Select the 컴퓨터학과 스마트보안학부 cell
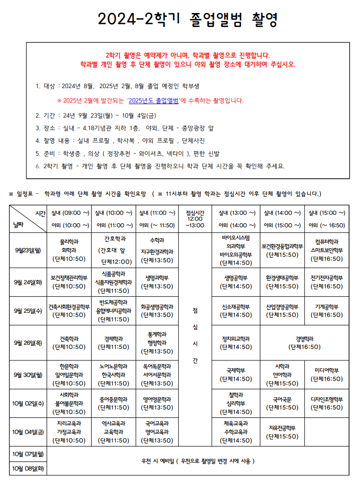pyautogui.click(x=326, y=250)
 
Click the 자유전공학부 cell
pyautogui.click(x=282, y=431)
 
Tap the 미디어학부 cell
pyautogui.click(x=326, y=374)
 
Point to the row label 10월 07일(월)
pyautogui.click(x=28, y=453)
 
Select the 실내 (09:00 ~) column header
pyautogui.click(x=70, y=213)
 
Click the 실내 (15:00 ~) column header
pyautogui.click(x=326, y=213)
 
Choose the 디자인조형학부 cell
pyautogui.click(x=326, y=403)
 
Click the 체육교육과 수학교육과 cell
pyautogui.click(x=235, y=431)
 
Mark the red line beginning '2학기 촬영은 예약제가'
pyautogui.click(x=188, y=55)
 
